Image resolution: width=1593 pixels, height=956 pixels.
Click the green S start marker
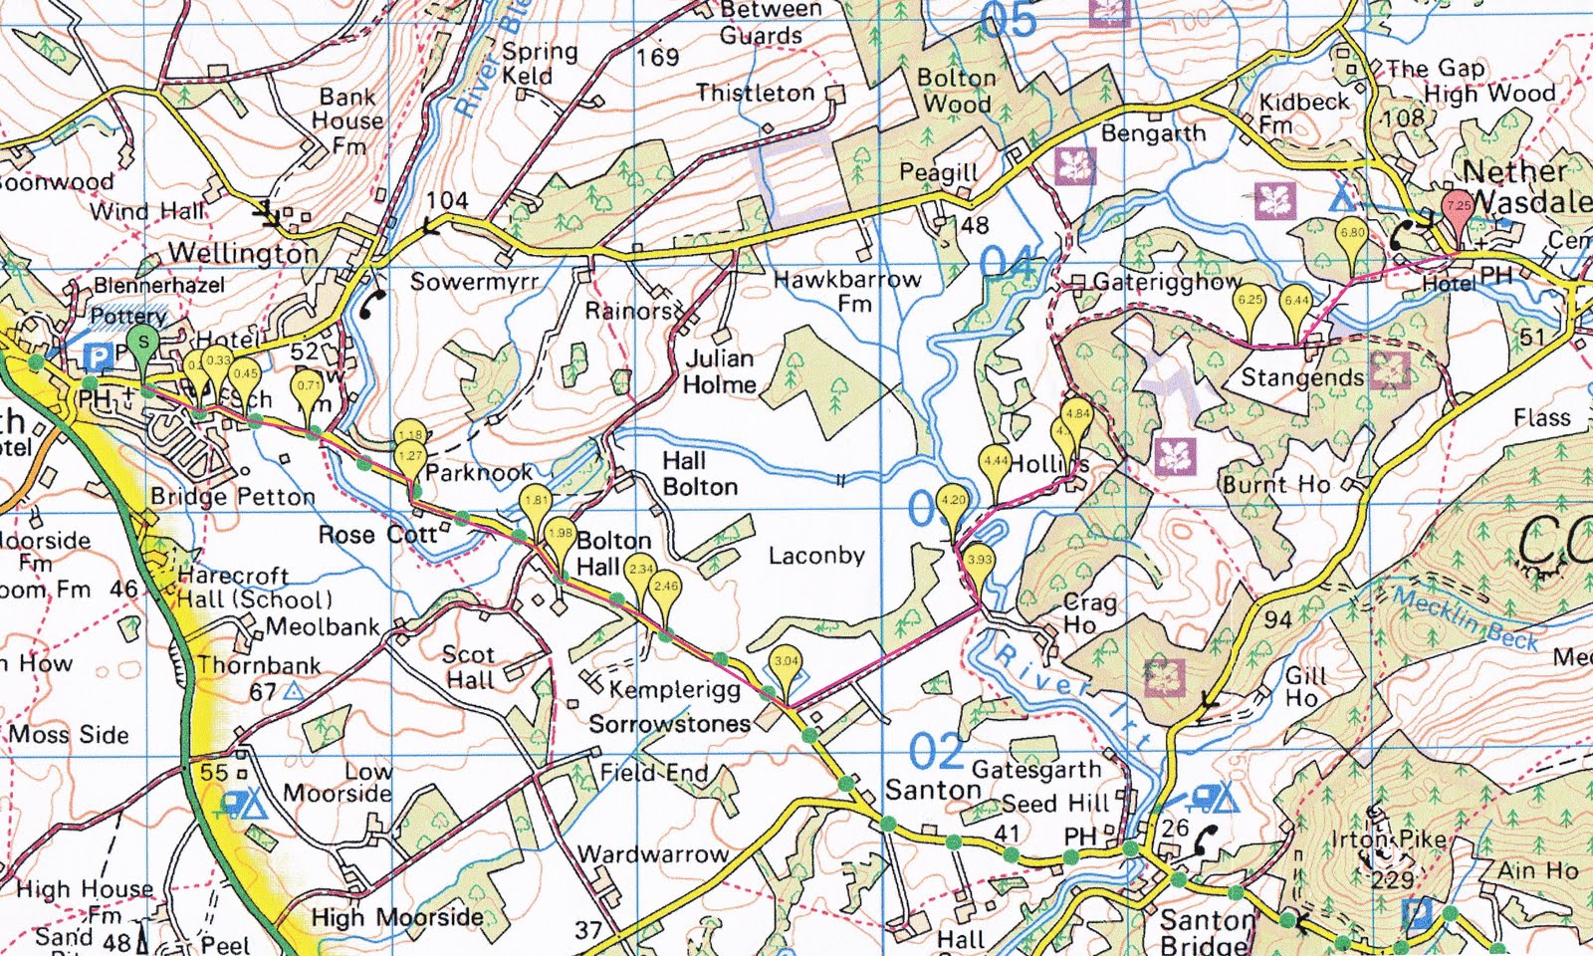click(x=144, y=344)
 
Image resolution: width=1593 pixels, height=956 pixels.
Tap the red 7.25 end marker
click(x=1458, y=207)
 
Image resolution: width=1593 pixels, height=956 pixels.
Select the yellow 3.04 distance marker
click(x=787, y=662)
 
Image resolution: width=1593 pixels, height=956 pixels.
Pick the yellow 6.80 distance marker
click(x=1351, y=234)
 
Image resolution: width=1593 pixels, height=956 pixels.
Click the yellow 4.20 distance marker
click(x=953, y=502)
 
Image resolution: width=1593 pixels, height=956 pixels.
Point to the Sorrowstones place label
click(x=669, y=724)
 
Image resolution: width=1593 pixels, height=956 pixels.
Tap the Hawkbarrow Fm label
click(x=847, y=290)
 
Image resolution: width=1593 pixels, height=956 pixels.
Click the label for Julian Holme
click(x=720, y=370)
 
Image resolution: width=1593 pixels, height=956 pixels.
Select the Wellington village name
click(x=244, y=253)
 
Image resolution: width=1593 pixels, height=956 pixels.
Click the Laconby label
click(x=816, y=556)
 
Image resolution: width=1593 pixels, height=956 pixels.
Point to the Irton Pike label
click(x=1389, y=840)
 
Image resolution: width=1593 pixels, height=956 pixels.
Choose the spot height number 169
click(x=657, y=58)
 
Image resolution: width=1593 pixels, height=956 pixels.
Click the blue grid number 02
click(x=936, y=752)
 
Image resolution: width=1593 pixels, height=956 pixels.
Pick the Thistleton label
click(x=755, y=94)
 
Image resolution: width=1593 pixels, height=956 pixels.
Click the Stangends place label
click(x=1302, y=378)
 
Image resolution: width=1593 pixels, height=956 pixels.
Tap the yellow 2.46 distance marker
click(x=664, y=589)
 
